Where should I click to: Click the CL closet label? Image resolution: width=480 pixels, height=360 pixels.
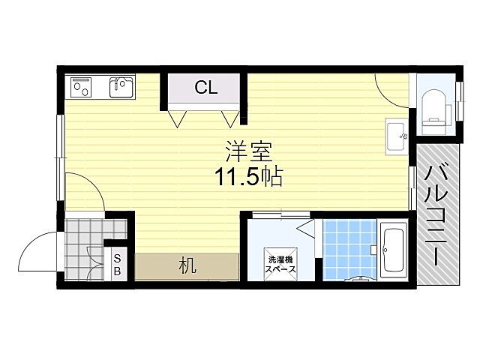point(205,88)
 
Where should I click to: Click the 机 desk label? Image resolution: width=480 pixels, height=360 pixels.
point(187,265)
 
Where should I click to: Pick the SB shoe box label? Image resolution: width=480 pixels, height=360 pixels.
point(117,265)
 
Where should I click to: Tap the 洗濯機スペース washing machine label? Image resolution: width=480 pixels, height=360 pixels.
point(281,263)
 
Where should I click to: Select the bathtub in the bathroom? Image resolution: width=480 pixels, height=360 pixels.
point(393,248)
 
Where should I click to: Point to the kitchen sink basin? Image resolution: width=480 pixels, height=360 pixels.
point(120,88)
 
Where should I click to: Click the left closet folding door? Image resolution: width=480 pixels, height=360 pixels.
point(178,118)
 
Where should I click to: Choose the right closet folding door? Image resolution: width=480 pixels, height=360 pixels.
point(232,118)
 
